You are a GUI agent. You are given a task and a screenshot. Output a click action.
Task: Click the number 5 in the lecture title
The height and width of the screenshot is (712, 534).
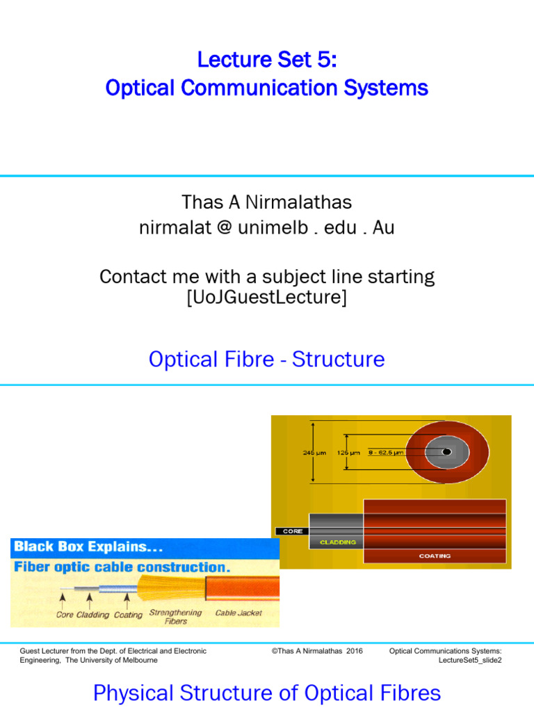326,60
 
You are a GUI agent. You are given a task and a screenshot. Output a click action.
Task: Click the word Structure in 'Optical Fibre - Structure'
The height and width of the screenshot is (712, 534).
338,359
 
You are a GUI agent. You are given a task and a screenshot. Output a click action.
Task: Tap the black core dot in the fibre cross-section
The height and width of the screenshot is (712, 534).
446,453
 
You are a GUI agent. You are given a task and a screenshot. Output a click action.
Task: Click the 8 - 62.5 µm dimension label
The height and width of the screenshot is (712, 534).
386,453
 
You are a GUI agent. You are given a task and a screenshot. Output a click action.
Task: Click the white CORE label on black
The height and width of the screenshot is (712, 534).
293,531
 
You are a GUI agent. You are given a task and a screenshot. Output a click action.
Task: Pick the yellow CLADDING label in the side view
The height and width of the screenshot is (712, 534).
338,542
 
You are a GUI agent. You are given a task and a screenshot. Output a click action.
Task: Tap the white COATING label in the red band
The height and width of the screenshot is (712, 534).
435,556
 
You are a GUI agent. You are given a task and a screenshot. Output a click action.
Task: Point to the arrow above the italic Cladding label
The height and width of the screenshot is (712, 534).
90,599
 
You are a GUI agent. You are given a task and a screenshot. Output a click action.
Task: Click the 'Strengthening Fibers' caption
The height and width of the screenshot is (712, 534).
175,617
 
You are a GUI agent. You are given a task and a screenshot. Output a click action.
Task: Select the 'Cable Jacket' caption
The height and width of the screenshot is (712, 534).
238,613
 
